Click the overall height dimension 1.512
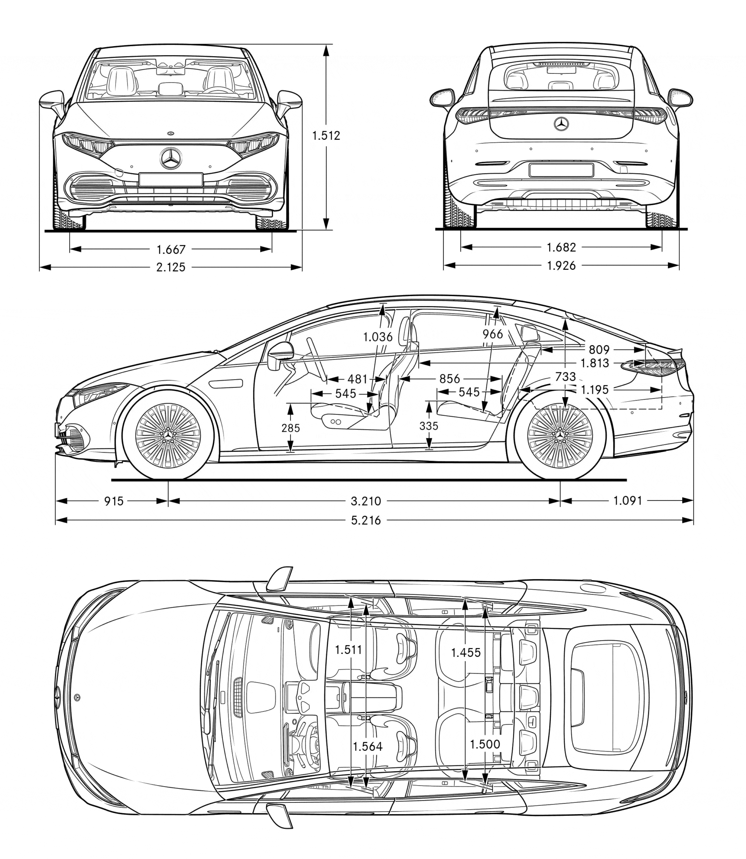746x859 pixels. [x=325, y=135]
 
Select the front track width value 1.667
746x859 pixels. [x=171, y=250]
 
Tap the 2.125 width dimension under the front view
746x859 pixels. [x=171, y=267]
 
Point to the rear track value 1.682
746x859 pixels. [x=561, y=247]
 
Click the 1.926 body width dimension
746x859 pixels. [x=561, y=266]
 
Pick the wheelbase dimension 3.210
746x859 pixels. [x=366, y=501]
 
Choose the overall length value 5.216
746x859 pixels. [x=366, y=521]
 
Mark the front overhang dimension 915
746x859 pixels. [x=114, y=501]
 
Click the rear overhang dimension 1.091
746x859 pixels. [x=628, y=500]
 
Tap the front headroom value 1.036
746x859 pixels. [x=378, y=337]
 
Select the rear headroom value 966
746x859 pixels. [x=493, y=334]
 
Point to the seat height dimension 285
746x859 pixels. [x=291, y=428]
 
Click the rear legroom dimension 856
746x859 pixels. [x=450, y=379]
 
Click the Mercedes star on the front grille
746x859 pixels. [x=171, y=159]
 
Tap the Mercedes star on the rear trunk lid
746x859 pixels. [x=561, y=124]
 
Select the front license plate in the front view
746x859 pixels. [x=171, y=180]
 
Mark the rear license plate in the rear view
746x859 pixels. [x=561, y=170]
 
